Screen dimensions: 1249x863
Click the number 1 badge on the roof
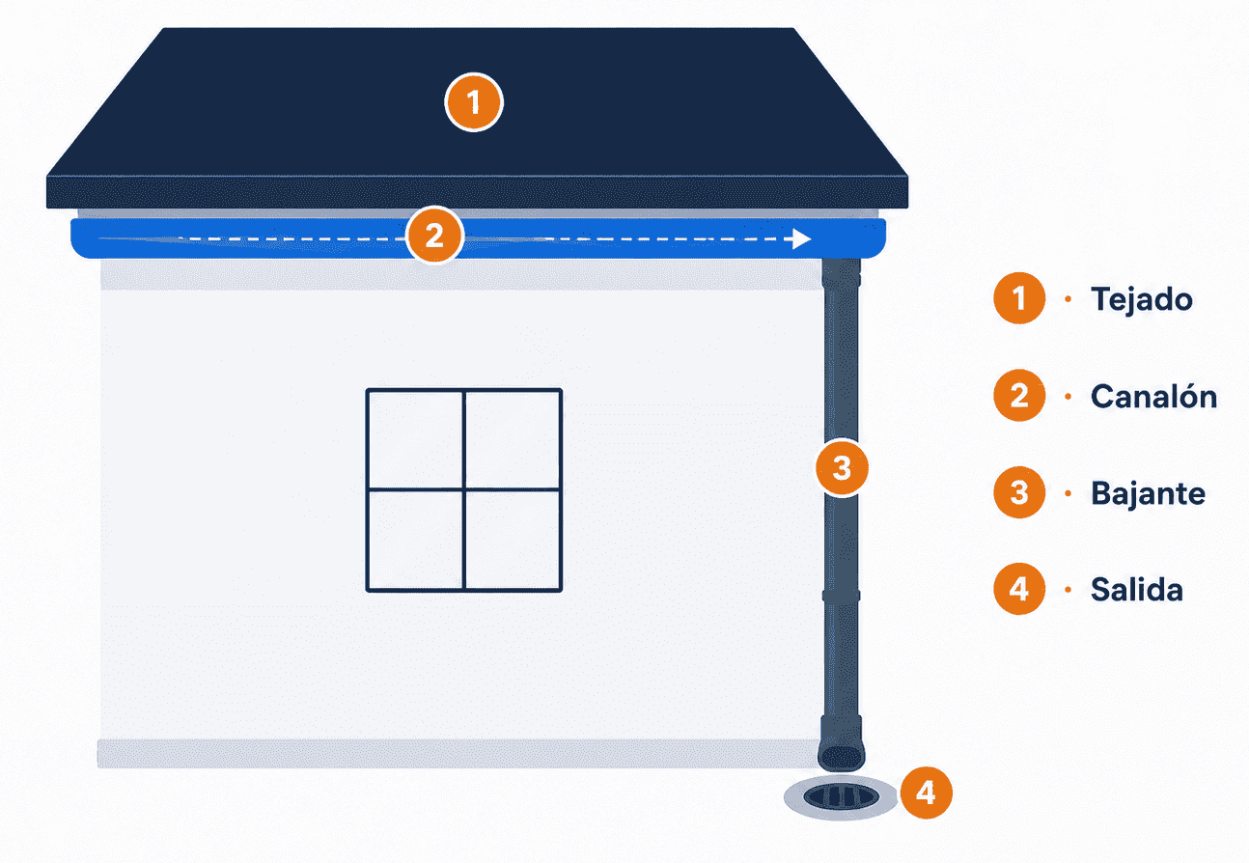474,102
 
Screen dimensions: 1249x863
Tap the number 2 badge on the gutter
434,236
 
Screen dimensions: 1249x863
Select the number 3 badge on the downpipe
842,468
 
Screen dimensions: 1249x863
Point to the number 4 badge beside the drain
927,793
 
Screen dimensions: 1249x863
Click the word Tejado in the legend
1142,299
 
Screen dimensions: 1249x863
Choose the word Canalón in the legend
1153,396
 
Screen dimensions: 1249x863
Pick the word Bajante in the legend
1148,493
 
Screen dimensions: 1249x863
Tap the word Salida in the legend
1137,590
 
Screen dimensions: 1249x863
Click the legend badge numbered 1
1019,298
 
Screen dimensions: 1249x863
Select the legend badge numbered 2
1019,395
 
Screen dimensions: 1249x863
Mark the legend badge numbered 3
1019,492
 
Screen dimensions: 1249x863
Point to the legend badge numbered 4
1019,589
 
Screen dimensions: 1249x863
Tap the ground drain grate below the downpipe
841,796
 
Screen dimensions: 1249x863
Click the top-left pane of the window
415,440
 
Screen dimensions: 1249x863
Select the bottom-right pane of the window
513,540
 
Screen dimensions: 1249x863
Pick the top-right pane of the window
513,440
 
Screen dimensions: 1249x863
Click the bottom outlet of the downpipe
842,757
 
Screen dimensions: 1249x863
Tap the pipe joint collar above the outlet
842,597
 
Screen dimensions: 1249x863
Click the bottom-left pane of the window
415,540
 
